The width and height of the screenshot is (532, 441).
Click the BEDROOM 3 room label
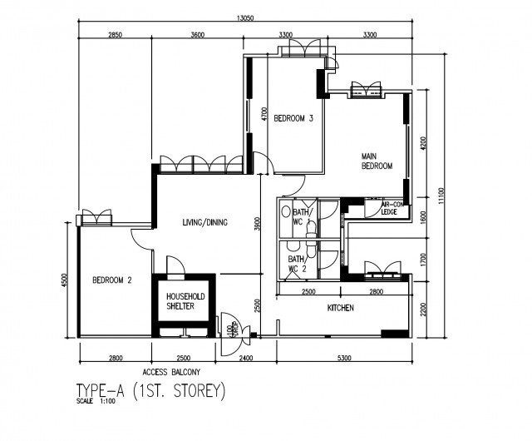click(x=293, y=118)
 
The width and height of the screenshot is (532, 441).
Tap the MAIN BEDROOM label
click(x=377, y=161)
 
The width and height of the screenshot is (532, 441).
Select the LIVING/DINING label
click(x=204, y=222)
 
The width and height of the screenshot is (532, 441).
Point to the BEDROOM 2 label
click(x=112, y=280)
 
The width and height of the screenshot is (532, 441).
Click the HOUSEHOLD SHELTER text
click(x=180, y=301)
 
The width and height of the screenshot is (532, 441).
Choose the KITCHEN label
click(x=341, y=309)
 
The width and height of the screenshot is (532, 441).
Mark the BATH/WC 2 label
click(x=297, y=264)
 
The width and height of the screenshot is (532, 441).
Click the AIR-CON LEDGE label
click(x=393, y=208)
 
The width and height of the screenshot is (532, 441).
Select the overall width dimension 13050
click(x=244, y=17)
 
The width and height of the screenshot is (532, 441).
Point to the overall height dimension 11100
click(x=443, y=194)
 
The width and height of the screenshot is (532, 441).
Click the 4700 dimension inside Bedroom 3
click(x=264, y=115)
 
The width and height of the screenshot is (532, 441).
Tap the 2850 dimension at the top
click(x=116, y=35)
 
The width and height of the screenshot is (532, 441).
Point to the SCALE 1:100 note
click(x=94, y=402)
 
